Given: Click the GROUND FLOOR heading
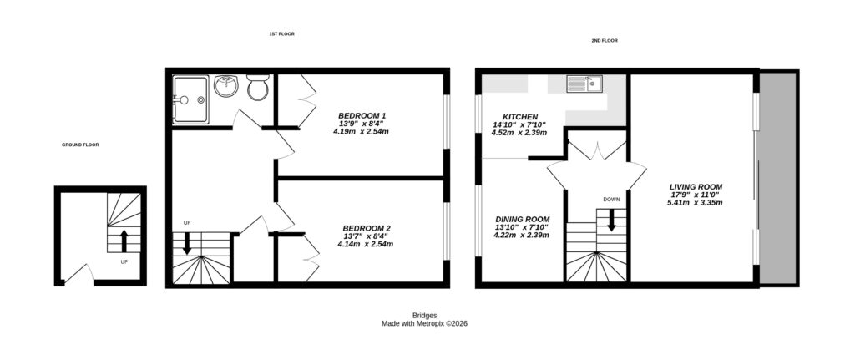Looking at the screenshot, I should tap(80, 145).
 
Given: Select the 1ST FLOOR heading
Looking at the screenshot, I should tap(281, 33).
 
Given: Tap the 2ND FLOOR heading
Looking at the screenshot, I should tap(604, 40).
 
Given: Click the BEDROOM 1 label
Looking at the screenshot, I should tap(362, 115).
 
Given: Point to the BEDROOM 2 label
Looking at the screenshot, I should tap(366, 228).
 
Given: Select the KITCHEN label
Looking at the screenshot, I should tap(519, 117).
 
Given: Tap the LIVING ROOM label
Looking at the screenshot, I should tap(696, 186).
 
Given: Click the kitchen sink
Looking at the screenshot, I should tap(584, 84).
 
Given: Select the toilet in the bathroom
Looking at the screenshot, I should tap(257, 88).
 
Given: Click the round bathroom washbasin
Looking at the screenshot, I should tap(225, 86).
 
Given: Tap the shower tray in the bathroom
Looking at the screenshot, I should tap(191, 99).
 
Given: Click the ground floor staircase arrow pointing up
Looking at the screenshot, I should tap(124, 241).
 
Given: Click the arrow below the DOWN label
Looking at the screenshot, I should tap(611, 221).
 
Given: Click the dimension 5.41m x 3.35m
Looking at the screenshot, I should tap(696, 202).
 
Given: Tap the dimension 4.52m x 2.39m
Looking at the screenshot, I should tap(519, 133).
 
